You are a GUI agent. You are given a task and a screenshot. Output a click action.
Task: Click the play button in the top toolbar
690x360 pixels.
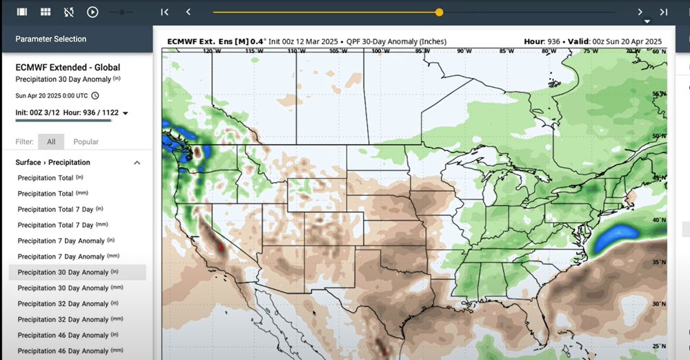(92, 12)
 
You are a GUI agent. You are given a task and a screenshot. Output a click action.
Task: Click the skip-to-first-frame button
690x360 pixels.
(164, 12)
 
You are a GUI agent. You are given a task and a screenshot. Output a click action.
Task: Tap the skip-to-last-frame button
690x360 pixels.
(663, 12)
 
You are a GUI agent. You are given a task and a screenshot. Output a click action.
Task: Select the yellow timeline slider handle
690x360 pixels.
(439, 12)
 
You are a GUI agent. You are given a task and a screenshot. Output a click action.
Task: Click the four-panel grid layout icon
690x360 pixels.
(46, 12)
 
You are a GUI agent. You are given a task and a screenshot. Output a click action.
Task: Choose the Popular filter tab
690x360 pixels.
(86, 142)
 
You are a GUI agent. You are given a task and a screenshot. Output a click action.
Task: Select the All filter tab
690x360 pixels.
(51, 142)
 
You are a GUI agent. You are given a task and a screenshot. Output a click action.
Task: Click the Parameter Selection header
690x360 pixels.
(50, 39)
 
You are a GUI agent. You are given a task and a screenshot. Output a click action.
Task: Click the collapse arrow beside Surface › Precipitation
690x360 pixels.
(137, 163)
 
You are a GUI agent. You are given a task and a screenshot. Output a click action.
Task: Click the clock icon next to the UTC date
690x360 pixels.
(95, 96)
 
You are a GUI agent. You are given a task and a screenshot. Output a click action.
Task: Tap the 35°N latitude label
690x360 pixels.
(659, 262)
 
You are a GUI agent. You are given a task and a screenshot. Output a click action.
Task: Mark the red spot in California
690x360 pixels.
(221, 246)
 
